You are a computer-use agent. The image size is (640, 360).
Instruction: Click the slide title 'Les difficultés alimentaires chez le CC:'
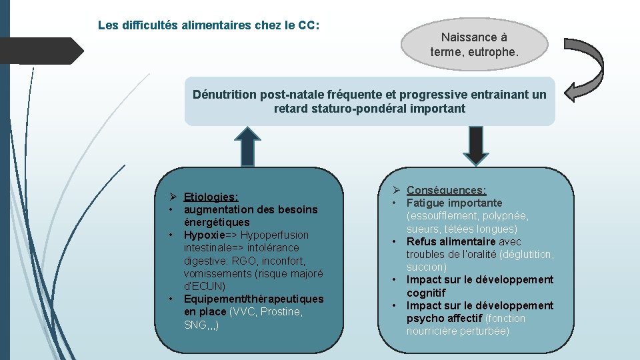click(x=209, y=25)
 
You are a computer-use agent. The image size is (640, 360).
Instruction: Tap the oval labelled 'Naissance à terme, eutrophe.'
click(x=474, y=44)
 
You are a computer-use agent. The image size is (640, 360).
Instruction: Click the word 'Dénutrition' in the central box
click(x=224, y=94)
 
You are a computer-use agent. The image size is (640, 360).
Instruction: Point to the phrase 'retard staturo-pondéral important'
click(x=369, y=108)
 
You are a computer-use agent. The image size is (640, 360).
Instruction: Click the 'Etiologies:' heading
click(x=211, y=197)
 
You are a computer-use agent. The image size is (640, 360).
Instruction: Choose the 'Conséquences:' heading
click(x=446, y=190)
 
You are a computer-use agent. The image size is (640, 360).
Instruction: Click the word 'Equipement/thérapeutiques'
click(x=253, y=299)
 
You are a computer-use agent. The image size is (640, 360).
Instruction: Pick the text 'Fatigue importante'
click(x=454, y=203)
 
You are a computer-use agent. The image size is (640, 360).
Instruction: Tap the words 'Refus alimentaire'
click(x=451, y=241)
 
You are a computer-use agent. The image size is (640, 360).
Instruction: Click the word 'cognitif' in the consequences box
click(x=426, y=293)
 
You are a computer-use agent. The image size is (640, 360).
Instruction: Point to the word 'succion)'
click(x=426, y=267)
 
